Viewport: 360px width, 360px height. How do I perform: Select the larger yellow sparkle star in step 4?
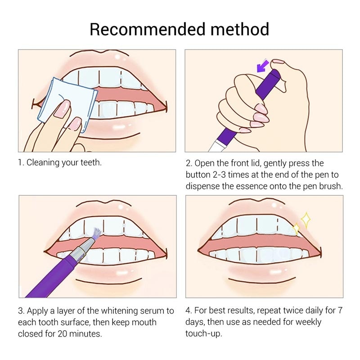pyautogui.click(x=306, y=220)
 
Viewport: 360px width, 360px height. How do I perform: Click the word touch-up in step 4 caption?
pyautogui.click(x=203, y=334)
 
